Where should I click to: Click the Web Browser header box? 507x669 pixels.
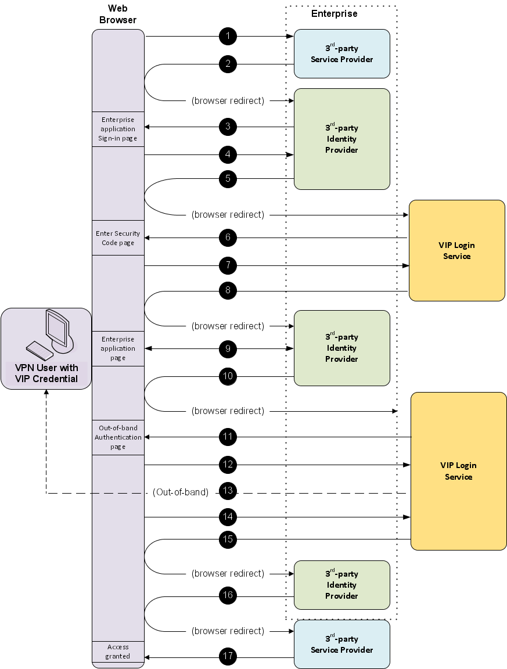tap(118, 15)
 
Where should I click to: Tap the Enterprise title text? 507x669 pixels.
tap(335, 13)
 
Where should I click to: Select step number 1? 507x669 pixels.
tap(228, 36)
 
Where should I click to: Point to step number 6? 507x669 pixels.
tap(228, 237)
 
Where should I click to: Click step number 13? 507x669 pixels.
tap(228, 491)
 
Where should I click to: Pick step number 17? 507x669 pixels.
tap(228, 656)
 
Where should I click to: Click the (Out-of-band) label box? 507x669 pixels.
tap(180, 492)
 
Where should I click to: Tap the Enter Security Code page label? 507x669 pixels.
tap(118, 238)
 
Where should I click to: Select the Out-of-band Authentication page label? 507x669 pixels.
tap(118, 437)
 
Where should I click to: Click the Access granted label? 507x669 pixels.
tap(118, 652)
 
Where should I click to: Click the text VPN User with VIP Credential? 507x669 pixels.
tap(46, 373)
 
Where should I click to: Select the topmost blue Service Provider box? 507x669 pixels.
tap(341, 53)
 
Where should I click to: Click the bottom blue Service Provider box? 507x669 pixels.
tap(341, 644)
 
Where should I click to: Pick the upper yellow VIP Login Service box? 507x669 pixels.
tap(456, 250)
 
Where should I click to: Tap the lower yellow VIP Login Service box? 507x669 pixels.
tap(458, 471)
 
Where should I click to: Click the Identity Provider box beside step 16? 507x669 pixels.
tap(341, 585)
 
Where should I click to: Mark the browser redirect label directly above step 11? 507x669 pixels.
tap(228, 411)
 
